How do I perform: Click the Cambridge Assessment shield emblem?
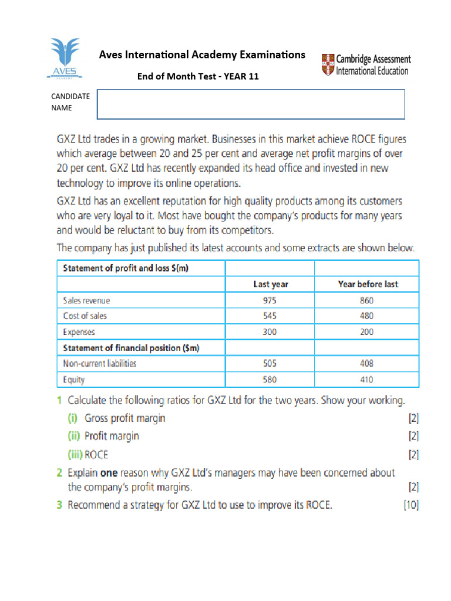pos(328,65)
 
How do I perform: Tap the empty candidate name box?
pos(251,104)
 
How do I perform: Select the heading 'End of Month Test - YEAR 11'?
pos(198,76)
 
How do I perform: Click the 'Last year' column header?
pos(271,284)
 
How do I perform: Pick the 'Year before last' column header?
pos(368,284)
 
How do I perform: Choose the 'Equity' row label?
pos(74,380)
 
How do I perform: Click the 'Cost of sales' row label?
pos(85,316)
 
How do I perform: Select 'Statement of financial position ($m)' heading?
pos(131,348)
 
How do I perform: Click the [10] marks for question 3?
pos(411,505)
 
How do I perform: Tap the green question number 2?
pos(59,472)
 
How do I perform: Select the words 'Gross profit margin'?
pos(125,418)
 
